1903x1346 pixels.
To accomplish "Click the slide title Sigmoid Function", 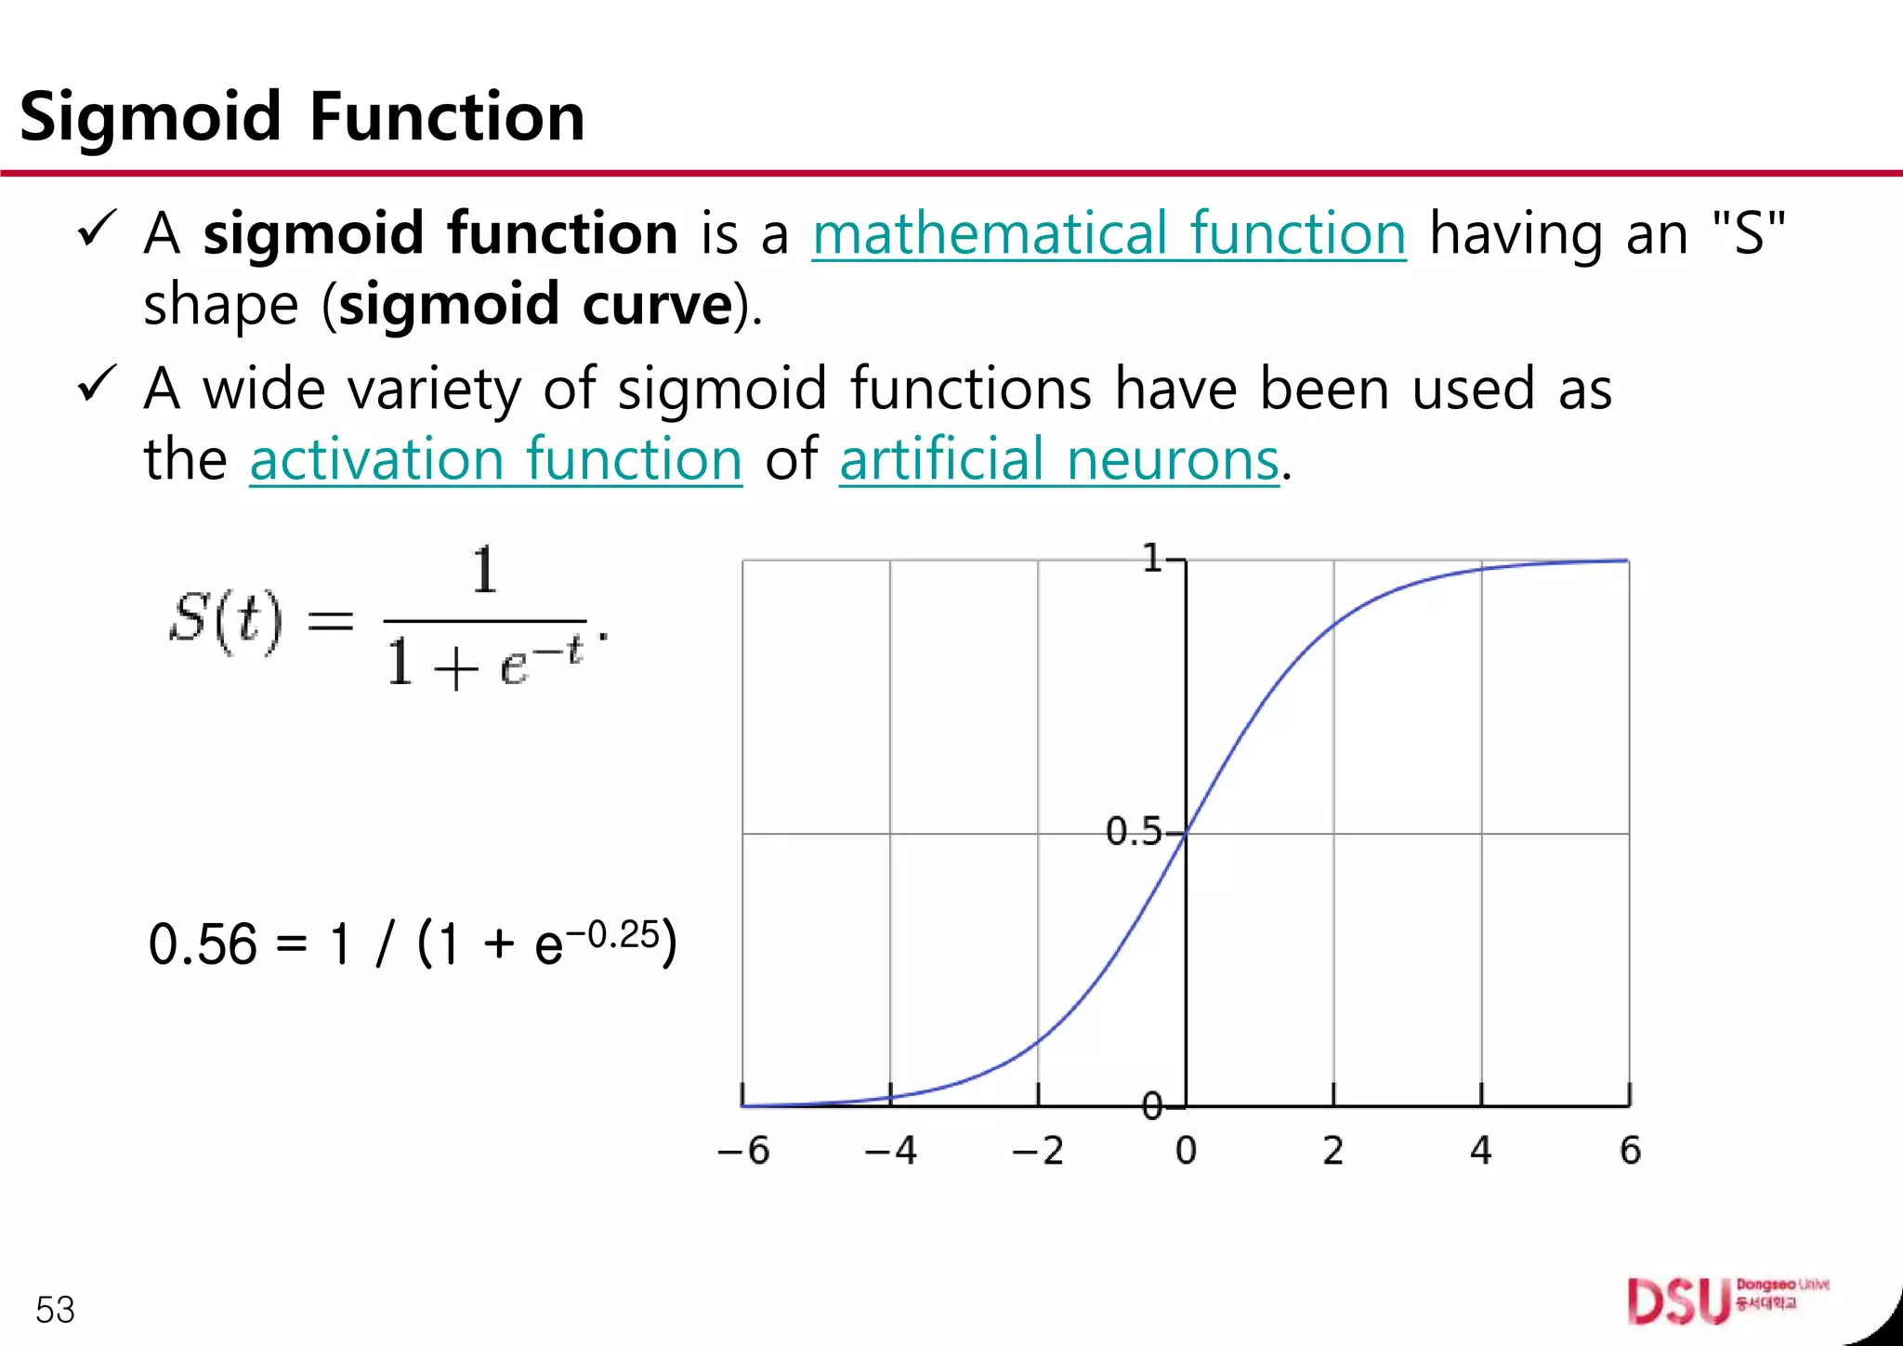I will coord(302,117).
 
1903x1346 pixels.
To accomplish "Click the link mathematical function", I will coord(1109,233).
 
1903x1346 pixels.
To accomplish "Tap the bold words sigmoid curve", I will coord(536,305).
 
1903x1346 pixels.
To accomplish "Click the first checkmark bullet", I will coord(97,229).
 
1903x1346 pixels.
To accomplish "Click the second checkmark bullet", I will coord(97,383).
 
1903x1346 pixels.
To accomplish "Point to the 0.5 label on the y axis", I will coord(1133,831).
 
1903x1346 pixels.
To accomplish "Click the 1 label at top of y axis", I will coord(1152,559).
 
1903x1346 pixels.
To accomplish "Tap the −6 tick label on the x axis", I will coord(743,1151).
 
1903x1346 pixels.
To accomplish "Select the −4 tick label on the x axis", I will coord(890,1151).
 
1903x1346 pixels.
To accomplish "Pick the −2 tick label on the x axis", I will coord(1038,1151).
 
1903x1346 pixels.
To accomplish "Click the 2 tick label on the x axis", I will coord(1333,1151).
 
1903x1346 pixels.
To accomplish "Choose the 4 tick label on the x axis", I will coord(1481,1151).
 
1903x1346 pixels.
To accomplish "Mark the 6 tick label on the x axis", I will coord(1630,1151).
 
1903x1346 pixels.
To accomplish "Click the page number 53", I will coord(55,1310).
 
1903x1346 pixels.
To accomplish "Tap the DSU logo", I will coord(1678,1301).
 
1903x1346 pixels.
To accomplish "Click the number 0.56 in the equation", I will coord(203,944).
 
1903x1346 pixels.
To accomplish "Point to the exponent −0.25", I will coord(613,934).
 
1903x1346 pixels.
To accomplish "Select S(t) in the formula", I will coord(226,620).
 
